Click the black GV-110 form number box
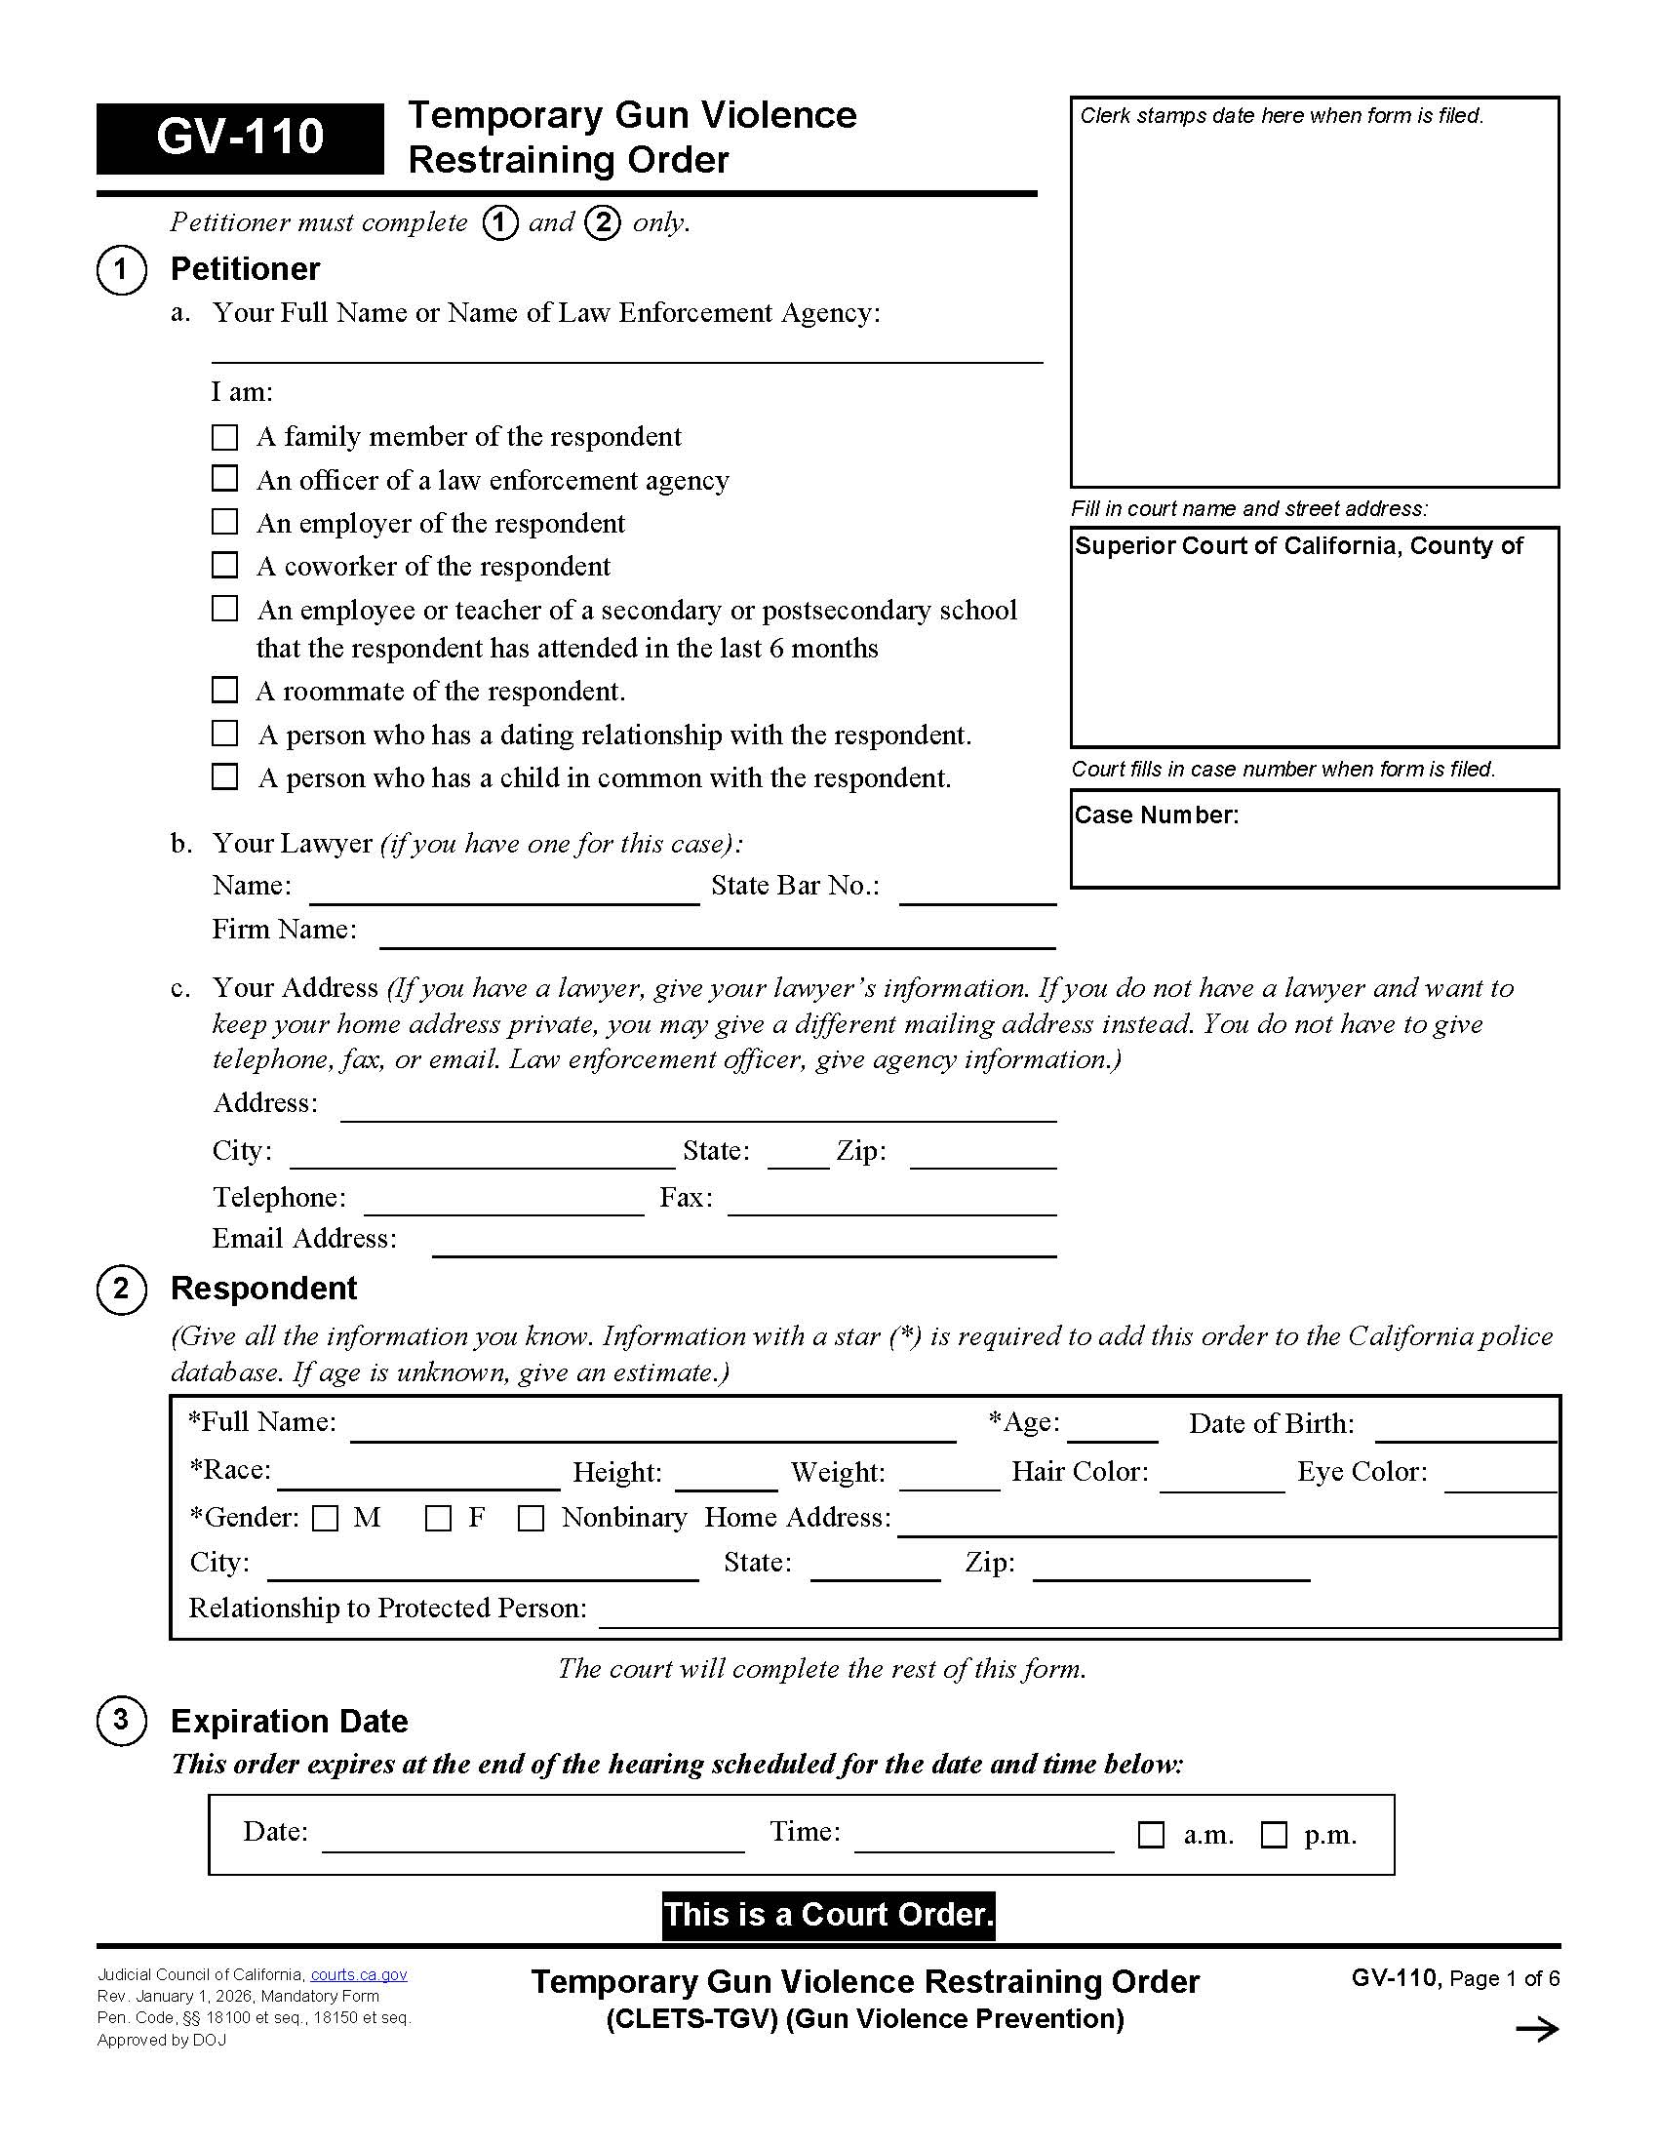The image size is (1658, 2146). [x=240, y=138]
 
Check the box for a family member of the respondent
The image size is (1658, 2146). [x=225, y=436]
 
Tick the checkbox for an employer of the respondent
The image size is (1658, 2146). [x=225, y=522]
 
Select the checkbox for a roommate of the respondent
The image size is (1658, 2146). [x=225, y=690]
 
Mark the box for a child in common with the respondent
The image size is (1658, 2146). [x=225, y=776]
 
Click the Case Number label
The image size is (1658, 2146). [x=1156, y=815]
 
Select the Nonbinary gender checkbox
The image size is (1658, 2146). [x=531, y=1518]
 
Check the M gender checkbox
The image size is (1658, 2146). [x=325, y=1518]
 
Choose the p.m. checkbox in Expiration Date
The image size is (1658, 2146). [x=1274, y=1835]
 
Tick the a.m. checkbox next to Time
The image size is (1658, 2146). [x=1150, y=1835]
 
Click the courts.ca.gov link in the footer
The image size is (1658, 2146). [x=359, y=1975]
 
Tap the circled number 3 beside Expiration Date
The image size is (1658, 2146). [x=121, y=1720]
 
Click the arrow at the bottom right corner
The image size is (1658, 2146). [x=1537, y=2030]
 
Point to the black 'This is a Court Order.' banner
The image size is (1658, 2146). [x=828, y=1915]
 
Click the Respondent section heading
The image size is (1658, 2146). [x=263, y=1289]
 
